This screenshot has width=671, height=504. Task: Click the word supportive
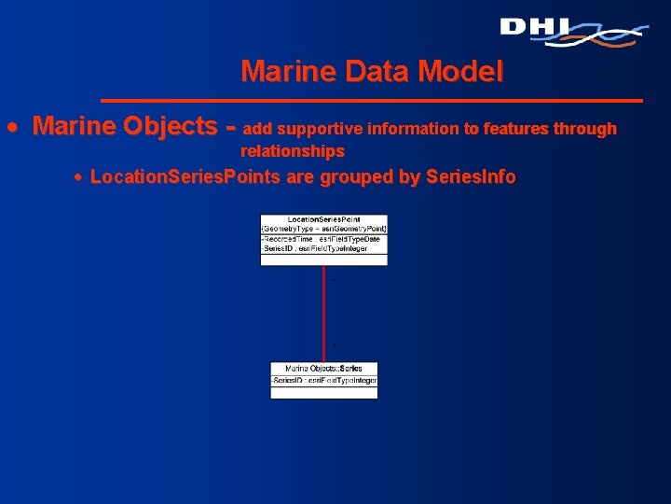point(322,129)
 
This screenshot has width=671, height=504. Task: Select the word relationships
point(293,151)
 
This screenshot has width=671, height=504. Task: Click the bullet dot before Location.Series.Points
point(79,177)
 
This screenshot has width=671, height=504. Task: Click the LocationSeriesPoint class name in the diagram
point(323,219)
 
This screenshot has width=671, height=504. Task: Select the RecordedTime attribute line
point(322,239)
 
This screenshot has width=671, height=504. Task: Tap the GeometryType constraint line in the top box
point(323,229)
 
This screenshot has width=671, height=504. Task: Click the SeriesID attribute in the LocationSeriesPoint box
point(315,248)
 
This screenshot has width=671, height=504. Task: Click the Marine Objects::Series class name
point(323,369)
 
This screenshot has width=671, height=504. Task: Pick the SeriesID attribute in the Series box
point(323,381)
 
